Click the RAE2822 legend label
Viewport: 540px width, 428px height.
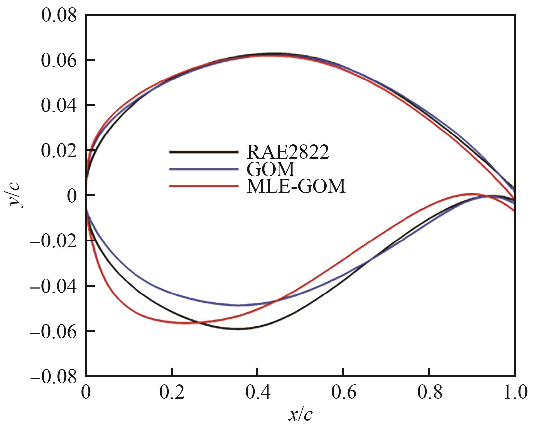point(288,152)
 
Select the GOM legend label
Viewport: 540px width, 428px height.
point(270,169)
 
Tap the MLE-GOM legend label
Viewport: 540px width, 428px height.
point(296,187)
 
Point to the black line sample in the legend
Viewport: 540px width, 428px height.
point(203,152)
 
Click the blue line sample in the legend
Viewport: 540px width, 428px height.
point(203,169)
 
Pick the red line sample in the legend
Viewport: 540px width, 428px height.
point(203,187)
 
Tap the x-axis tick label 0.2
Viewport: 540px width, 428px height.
point(171,393)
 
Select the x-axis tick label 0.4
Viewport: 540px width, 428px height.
point(257,393)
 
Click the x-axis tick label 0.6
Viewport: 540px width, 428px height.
point(344,393)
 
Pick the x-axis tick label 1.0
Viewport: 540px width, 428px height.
point(514,393)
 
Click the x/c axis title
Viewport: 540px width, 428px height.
point(300,414)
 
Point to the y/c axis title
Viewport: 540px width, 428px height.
point(16,196)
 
